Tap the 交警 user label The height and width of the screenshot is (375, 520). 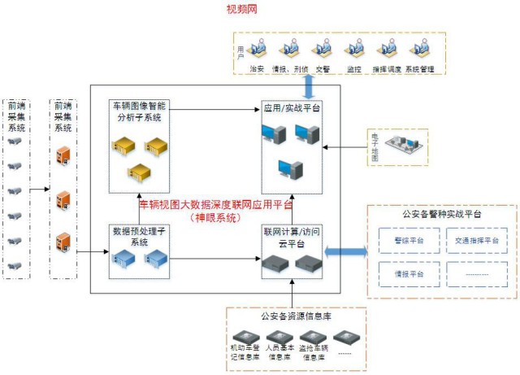323,69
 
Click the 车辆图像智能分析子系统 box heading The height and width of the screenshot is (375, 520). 139,111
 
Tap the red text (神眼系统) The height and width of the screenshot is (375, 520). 214,217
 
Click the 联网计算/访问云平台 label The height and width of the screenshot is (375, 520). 291,236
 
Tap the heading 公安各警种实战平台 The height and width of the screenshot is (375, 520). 441,214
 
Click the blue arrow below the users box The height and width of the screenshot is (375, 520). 309,85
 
